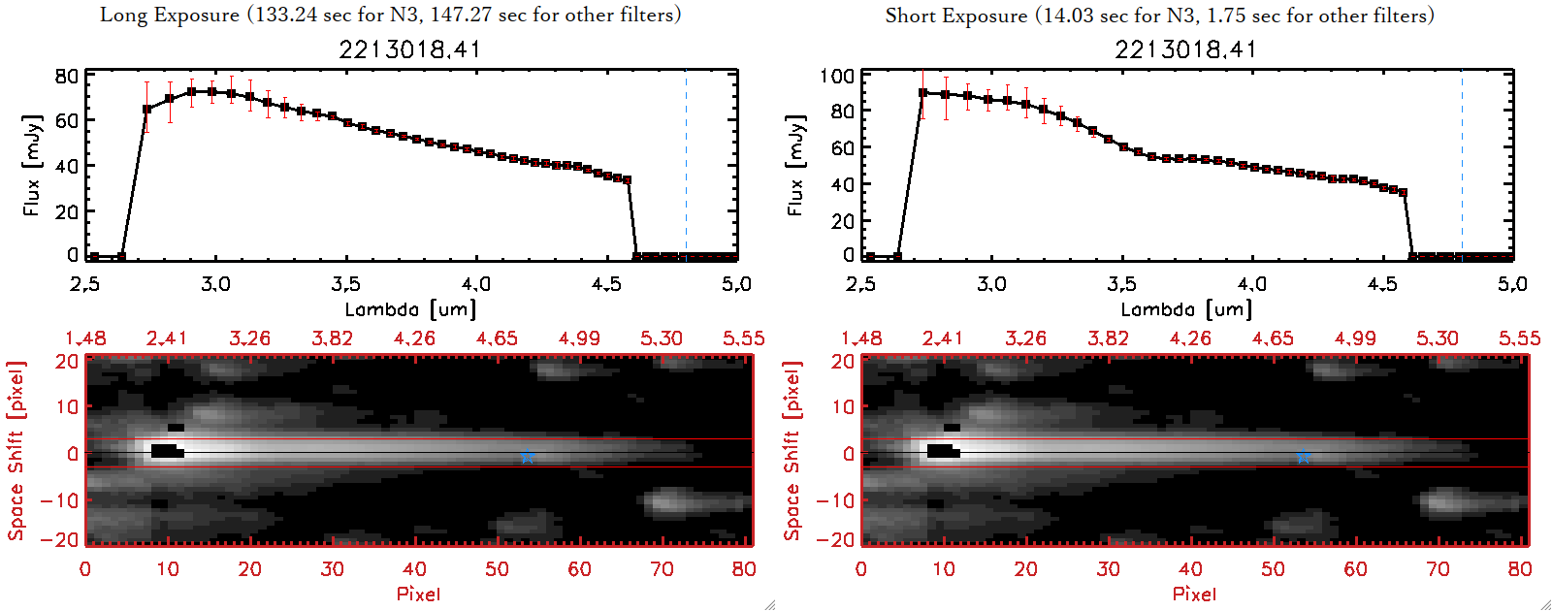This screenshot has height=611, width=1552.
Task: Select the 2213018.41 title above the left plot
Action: point(409,49)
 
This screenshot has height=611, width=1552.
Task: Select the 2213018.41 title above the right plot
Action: point(1185,49)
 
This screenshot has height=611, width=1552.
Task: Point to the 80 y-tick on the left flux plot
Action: point(67,77)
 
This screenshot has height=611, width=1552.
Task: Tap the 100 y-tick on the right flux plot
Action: point(837,77)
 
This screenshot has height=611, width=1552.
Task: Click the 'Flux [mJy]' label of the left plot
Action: point(32,166)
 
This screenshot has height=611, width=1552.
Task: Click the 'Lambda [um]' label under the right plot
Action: point(1186,309)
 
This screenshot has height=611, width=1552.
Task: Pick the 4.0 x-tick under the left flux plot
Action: point(475,284)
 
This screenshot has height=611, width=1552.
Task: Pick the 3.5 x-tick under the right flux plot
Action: point(1121,284)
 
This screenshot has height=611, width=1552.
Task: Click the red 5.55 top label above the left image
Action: point(743,338)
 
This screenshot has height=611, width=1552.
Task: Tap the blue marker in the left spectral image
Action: point(528,456)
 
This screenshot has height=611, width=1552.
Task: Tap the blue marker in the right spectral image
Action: point(1304,456)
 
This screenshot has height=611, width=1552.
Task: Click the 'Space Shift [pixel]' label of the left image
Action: point(16,451)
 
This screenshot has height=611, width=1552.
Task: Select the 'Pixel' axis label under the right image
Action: point(1194,594)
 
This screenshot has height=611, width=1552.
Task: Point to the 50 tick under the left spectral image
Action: point(497,569)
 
